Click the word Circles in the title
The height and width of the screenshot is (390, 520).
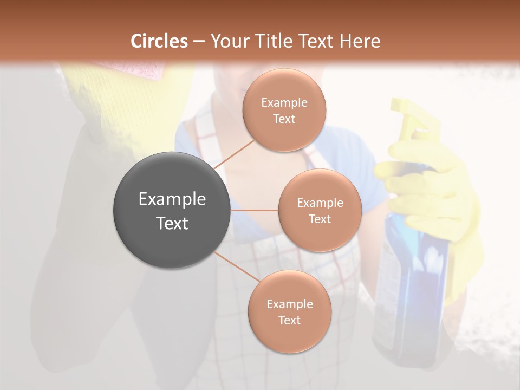coord(159,41)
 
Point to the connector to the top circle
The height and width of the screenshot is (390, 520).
coord(234,153)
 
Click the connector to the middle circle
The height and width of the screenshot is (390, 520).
coord(255,210)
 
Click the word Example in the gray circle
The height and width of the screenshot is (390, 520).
coord(172,199)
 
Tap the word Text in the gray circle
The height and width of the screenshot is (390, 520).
coord(172,223)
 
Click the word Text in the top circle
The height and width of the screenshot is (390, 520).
coord(284,119)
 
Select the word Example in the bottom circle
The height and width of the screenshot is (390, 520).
coord(290,304)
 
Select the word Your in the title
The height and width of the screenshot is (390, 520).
coord(228,41)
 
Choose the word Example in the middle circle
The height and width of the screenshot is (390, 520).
coord(320,203)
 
